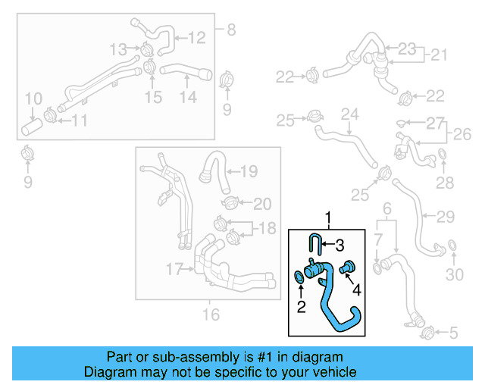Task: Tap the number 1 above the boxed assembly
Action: point(328,219)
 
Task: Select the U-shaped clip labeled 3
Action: point(314,245)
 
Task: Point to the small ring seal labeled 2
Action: point(300,279)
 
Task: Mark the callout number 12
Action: point(196,36)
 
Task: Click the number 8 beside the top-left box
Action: point(230,30)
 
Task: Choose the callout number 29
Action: point(446,217)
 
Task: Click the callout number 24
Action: point(349,114)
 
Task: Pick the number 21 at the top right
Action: point(440,55)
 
